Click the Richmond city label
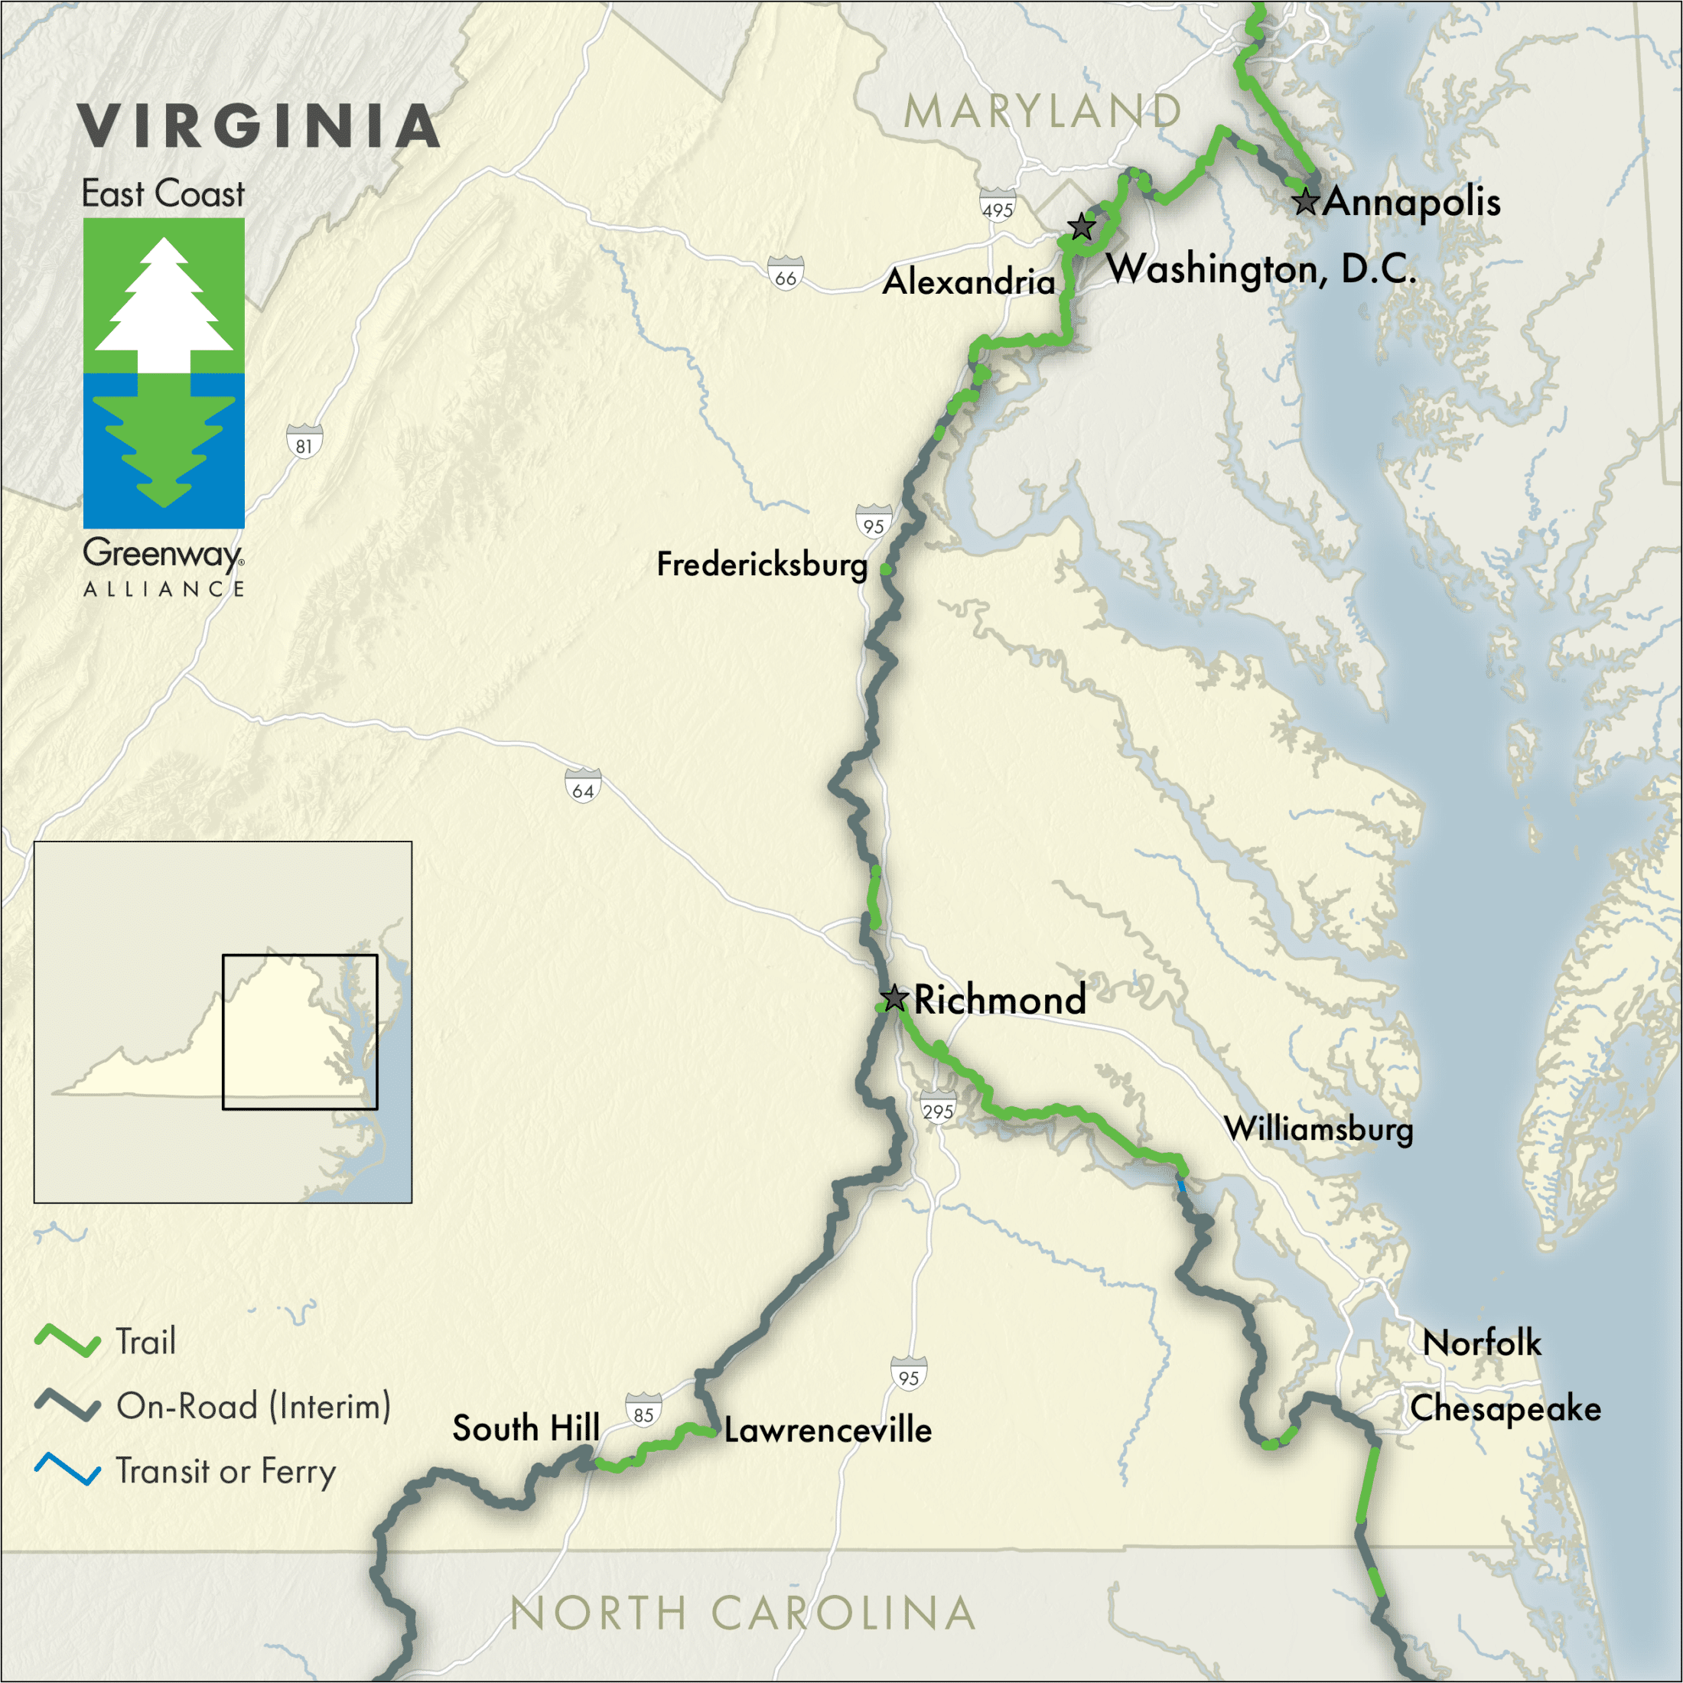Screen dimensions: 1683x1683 tap(999, 999)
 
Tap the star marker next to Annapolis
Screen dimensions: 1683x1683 tap(1305, 202)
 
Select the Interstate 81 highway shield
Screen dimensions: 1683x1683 tap(304, 441)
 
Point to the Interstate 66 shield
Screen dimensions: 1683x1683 tap(786, 274)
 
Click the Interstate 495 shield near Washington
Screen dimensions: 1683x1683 tap(998, 206)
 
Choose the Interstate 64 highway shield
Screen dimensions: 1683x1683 tap(583, 786)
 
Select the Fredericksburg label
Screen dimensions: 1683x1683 tap(762, 565)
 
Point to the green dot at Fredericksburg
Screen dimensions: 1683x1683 tap(885, 569)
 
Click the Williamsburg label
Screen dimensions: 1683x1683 tap(1319, 1129)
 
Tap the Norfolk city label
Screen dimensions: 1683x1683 tap(1482, 1343)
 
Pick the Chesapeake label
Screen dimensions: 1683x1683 tap(1506, 1408)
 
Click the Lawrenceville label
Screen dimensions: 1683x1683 tap(828, 1431)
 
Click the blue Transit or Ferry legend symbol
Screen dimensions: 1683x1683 tap(67, 1470)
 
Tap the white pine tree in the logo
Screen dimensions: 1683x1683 tap(164, 305)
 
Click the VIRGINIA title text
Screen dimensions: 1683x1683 tap(259, 126)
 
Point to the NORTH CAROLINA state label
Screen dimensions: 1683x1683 tap(742, 1613)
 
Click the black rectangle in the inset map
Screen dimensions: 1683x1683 tap(300, 1032)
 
